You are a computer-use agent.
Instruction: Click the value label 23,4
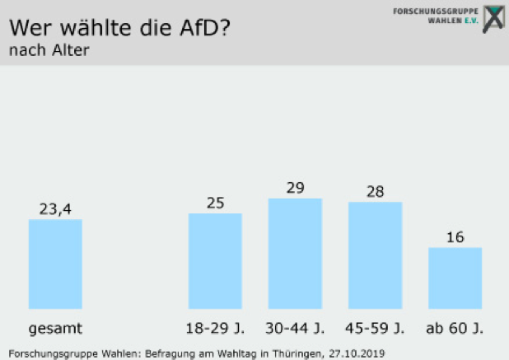[55, 208]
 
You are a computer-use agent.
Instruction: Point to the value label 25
[215, 203]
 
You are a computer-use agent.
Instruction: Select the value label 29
[295, 188]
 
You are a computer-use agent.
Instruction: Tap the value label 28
[375, 191]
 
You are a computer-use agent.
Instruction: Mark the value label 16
[455, 237]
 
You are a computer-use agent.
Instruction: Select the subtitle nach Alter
[49, 50]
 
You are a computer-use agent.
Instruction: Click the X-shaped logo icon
[493, 17]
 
